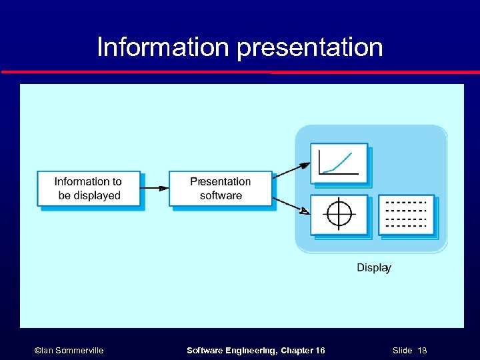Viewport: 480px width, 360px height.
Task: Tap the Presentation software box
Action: (x=220, y=189)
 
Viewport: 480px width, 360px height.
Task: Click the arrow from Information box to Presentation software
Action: (x=155, y=189)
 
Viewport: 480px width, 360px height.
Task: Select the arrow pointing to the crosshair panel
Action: (x=292, y=205)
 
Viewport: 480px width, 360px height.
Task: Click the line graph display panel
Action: (x=339, y=162)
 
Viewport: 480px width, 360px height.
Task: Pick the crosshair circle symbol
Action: (x=339, y=213)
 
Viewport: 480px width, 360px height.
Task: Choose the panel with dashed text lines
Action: (x=406, y=214)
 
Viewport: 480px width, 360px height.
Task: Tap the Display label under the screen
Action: (x=373, y=267)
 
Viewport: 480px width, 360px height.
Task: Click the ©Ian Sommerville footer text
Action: (x=69, y=350)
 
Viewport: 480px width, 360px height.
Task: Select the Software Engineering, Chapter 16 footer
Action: (x=255, y=350)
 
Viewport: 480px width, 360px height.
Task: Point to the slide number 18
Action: (x=422, y=350)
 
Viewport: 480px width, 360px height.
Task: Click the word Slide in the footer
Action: (x=402, y=350)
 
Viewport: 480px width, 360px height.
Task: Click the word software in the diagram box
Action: (x=221, y=196)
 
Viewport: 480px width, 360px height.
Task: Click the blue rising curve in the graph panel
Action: (x=343, y=161)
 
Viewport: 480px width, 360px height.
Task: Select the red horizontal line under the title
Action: (x=240, y=72)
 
